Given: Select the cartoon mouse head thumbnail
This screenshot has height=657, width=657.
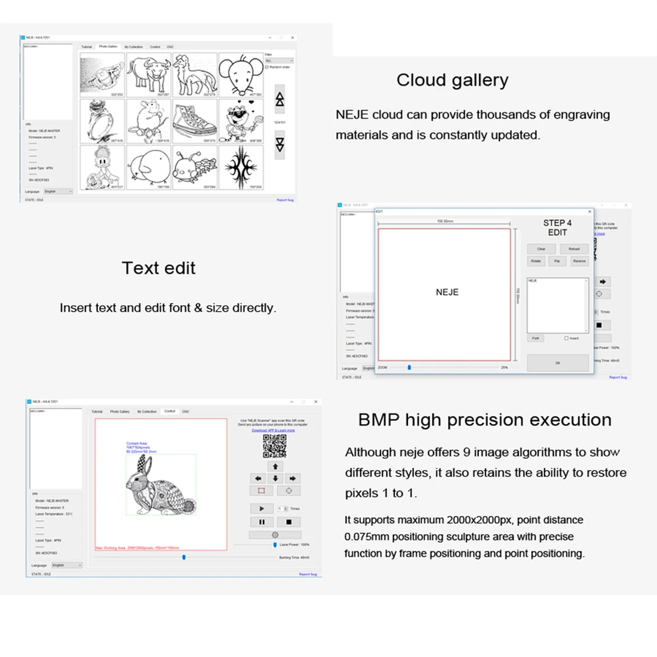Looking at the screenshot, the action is click(241, 75).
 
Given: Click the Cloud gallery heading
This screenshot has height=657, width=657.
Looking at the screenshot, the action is click(452, 80).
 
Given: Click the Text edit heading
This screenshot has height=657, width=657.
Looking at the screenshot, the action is click(158, 268).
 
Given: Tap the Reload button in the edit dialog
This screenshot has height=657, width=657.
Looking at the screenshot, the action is click(573, 249).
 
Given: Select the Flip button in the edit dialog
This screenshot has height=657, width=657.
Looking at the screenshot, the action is click(557, 261).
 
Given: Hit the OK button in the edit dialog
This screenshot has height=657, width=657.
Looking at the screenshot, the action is click(557, 363).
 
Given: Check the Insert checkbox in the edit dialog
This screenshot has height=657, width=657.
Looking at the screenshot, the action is click(566, 338).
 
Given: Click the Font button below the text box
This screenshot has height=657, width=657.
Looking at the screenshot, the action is click(535, 338).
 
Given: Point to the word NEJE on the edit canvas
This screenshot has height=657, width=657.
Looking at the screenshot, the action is click(447, 292).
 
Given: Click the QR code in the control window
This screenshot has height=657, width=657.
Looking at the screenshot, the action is click(275, 446).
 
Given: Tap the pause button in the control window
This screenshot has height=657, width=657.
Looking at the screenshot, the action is click(262, 521).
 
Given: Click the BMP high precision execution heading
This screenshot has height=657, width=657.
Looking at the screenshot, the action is click(484, 420).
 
